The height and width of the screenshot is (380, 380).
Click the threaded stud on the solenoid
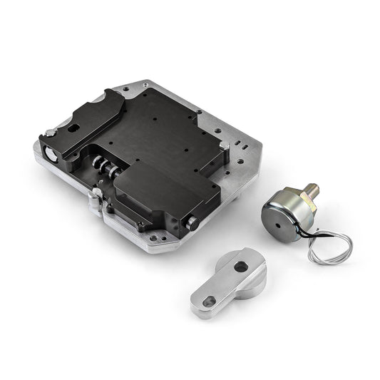coord(312,190)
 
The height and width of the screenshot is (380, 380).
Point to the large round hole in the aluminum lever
coord(241,266)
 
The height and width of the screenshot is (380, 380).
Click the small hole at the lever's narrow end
coord(207,302)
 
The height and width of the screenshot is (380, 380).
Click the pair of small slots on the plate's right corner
coord(244,144)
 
